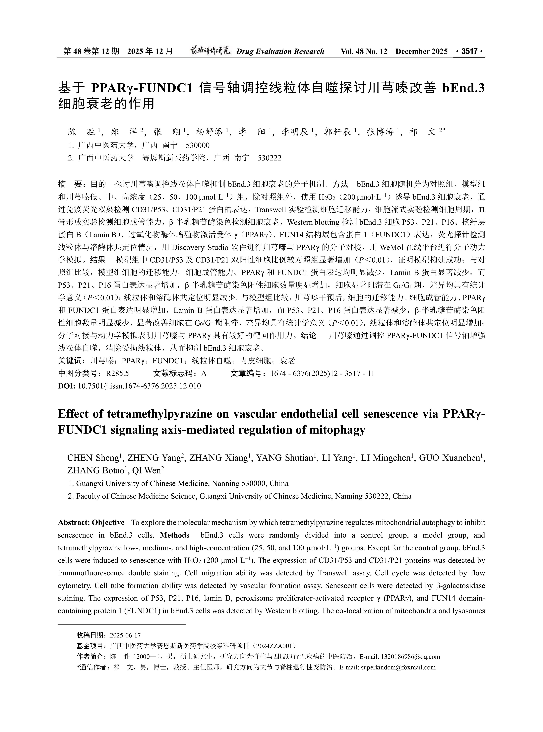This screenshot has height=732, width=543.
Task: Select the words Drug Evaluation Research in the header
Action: click(x=280, y=51)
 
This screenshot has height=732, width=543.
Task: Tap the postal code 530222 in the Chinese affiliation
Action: click(x=270, y=158)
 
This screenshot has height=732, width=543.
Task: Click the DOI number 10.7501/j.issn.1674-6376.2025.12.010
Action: click(x=139, y=386)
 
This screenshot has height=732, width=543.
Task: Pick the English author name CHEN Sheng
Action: click(x=93, y=458)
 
